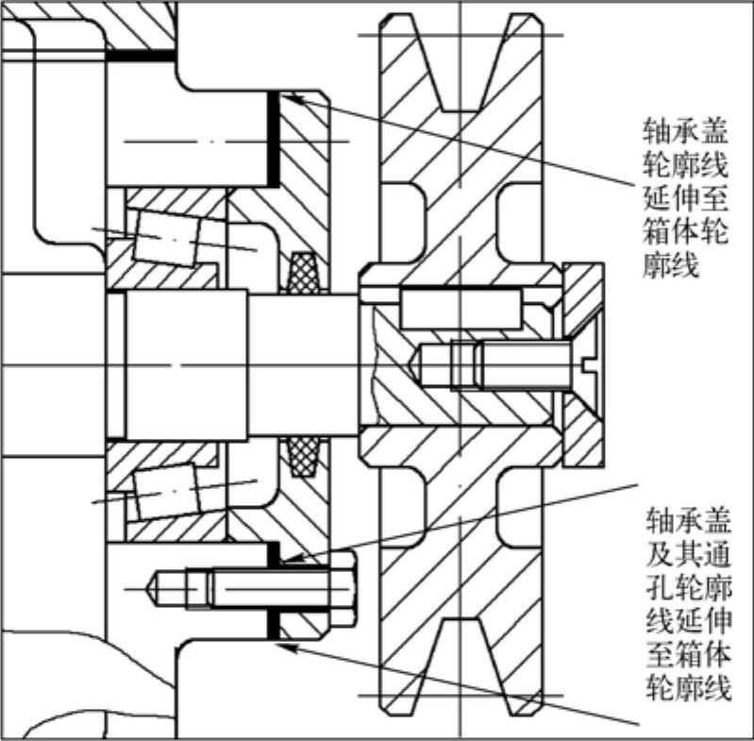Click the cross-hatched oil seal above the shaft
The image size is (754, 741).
[305, 273]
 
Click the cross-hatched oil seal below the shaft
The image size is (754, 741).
[305, 454]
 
